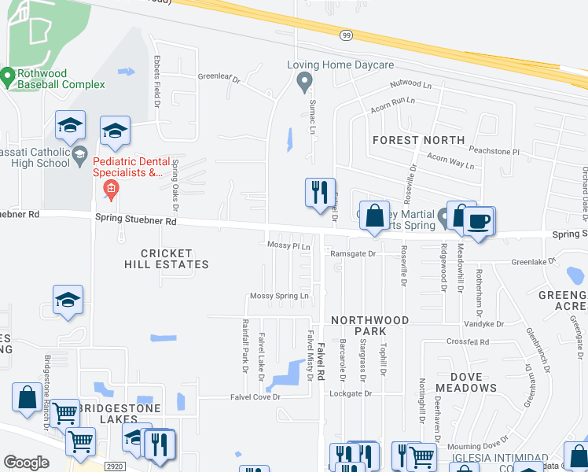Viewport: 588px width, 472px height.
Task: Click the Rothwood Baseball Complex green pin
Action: click(8, 77)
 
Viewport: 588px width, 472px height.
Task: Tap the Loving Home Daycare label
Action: click(340, 65)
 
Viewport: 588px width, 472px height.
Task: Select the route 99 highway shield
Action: click(346, 35)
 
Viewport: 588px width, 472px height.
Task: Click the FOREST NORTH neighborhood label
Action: click(419, 140)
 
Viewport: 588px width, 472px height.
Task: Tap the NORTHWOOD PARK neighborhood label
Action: click(369, 326)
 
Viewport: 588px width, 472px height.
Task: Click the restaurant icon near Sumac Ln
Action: click(320, 191)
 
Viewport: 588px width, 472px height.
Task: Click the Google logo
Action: click(27, 463)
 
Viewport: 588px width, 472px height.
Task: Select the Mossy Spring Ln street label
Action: click(279, 296)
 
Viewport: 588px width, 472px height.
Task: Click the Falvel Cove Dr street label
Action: click(255, 397)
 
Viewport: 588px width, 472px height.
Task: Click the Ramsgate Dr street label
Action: click(353, 254)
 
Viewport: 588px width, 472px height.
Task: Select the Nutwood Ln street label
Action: click(411, 84)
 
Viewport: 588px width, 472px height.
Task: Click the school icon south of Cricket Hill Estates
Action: click(68, 301)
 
